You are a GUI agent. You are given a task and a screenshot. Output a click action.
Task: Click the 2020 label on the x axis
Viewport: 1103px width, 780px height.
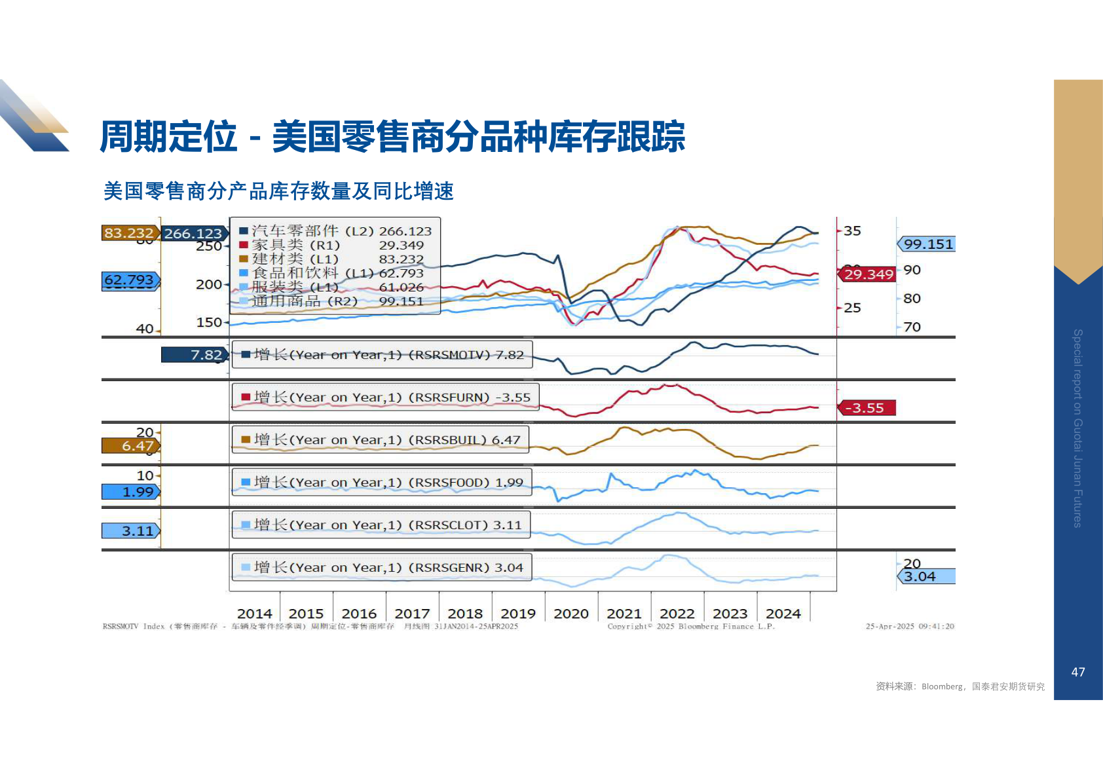[571, 614]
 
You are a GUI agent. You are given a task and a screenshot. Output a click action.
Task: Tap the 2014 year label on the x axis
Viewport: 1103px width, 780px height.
[254, 614]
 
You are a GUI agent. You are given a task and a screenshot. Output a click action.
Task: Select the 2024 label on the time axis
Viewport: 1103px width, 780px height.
[783, 614]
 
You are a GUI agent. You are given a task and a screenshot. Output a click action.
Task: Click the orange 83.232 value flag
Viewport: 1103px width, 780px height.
[130, 233]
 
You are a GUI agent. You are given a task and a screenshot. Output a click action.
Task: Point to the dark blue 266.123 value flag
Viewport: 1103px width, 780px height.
[193, 234]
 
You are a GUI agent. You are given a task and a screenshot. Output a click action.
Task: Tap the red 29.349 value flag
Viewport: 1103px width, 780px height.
[868, 274]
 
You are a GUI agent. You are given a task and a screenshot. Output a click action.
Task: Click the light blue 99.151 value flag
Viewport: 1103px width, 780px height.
[927, 244]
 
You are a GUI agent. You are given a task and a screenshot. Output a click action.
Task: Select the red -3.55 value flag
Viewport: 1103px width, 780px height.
[866, 408]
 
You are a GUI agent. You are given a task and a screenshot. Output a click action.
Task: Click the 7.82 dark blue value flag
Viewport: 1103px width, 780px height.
[195, 355]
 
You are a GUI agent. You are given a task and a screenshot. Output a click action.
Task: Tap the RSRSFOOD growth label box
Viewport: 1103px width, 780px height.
[381, 483]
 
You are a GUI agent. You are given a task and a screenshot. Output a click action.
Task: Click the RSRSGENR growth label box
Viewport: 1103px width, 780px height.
[381, 568]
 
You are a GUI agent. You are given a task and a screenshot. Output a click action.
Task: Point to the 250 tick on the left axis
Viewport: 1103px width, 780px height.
[208, 246]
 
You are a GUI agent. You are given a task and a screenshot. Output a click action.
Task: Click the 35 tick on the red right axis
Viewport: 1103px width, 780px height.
[852, 231]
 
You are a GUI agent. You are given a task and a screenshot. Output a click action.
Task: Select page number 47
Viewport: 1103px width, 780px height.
[1077, 672]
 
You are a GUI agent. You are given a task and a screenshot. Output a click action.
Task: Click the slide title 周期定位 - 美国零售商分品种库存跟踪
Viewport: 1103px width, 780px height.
[392, 137]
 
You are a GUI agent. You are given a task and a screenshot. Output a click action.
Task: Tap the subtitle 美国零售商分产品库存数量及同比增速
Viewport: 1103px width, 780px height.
[278, 191]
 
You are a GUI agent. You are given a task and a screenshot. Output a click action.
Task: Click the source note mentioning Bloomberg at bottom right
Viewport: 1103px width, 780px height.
[960, 686]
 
